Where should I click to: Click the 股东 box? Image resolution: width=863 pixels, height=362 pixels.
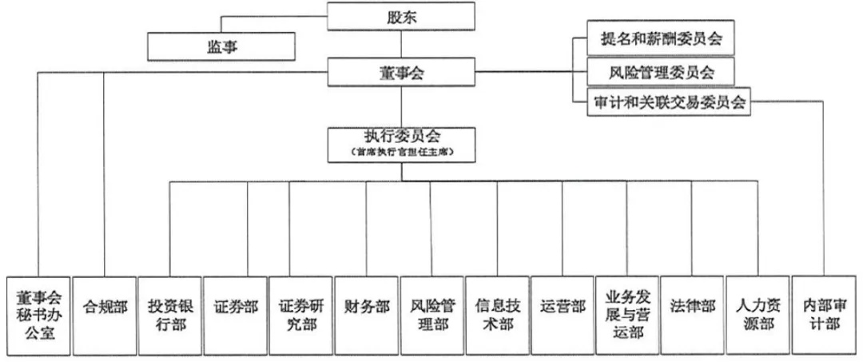401,17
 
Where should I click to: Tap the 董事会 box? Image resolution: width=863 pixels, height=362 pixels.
401,74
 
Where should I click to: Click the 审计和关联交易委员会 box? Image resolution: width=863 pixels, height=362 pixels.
668,104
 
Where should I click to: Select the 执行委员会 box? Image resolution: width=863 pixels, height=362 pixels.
401,141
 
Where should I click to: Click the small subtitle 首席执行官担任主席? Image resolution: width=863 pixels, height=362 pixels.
401,152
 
